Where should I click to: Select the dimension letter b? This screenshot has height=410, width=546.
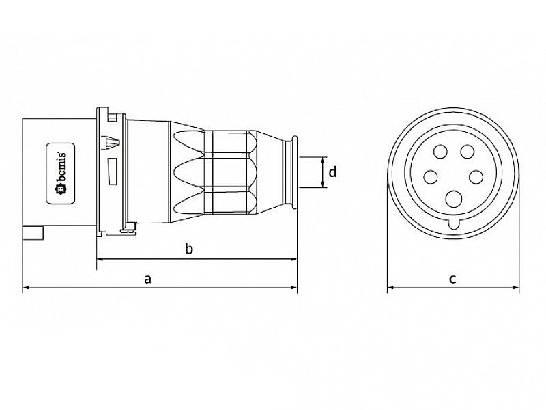pos(190,249)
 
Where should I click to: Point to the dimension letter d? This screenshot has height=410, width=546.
pos(332,172)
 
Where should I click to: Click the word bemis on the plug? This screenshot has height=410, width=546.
pos(70,174)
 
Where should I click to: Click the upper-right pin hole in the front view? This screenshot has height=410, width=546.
pos(468,152)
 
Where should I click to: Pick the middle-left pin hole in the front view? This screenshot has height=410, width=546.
pos(430,177)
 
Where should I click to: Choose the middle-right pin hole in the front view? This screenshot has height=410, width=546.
pos(476,177)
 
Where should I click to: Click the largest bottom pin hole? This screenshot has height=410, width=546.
pos(452,200)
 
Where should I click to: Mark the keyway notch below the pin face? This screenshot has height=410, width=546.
pos(452,223)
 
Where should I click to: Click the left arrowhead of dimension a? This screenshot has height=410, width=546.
pos(26,288)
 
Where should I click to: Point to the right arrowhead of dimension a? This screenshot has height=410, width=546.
pos(294,288)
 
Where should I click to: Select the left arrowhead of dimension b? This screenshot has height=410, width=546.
pos(100,259)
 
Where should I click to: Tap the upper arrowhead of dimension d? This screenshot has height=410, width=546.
pos(321,159)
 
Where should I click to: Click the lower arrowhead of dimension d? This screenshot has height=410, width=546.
pos(321,186)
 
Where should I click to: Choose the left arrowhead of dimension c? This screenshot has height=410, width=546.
pos(390,288)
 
